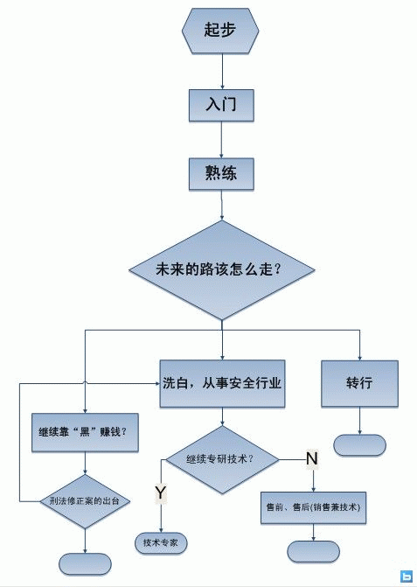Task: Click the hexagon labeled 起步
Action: [x=220, y=31]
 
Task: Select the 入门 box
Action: [x=221, y=105]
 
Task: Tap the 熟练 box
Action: [x=221, y=174]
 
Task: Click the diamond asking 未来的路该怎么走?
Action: [x=221, y=270]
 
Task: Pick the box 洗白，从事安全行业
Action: [x=222, y=383]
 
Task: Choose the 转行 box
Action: [x=359, y=383]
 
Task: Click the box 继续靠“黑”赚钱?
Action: [x=85, y=432]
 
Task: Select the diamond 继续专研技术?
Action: [x=222, y=459]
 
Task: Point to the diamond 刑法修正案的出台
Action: [x=85, y=501]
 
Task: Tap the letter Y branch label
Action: [x=161, y=493]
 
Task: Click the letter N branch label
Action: [x=312, y=458]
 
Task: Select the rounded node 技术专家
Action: [x=161, y=542]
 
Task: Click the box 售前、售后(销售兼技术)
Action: [x=313, y=507]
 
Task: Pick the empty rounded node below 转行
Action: [x=359, y=445]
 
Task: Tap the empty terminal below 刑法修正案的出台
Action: [x=85, y=563]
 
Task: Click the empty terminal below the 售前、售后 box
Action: [x=313, y=551]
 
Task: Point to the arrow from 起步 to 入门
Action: [x=223, y=72]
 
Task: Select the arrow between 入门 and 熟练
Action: [x=221, y=140]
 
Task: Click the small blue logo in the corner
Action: [x=407, y=577]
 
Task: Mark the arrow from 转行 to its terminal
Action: [x=360, y=421]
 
